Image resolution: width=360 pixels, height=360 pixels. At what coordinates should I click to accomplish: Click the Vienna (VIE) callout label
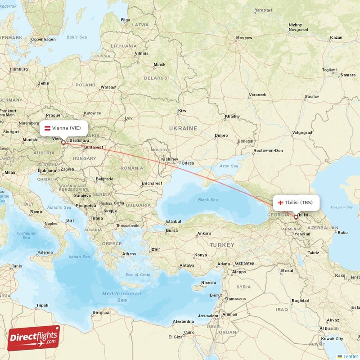click(x=63, y=128)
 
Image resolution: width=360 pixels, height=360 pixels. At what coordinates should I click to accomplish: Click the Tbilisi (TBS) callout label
click(x=295, y=202)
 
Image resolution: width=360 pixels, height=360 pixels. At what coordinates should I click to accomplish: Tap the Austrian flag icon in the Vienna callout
click(x=47, y=128)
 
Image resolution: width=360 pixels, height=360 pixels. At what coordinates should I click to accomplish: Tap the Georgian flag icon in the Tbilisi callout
click(x=280, y=202)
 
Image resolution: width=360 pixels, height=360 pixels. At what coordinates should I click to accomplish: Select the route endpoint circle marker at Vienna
click(x=63, y=143)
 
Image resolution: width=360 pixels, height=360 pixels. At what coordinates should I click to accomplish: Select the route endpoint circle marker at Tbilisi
click(x=296, y=217)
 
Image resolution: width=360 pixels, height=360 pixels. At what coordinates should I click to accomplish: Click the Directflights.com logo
click(x=34, y=338)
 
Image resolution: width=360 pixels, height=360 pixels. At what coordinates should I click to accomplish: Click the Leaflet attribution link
click(x=351, y=356)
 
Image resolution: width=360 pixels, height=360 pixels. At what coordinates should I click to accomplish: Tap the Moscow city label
click(x=244, y=38)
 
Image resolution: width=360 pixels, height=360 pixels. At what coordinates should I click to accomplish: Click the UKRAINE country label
click(x=183, y=129)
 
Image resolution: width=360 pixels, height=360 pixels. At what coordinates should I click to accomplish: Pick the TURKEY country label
click(x=221, y=245)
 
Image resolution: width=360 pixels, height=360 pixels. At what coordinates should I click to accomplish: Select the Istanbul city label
click(x=173, y=221)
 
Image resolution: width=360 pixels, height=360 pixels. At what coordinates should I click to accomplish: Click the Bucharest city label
click(x=151, y=184)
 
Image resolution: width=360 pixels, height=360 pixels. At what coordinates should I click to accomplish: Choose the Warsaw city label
click(x=108, y=87)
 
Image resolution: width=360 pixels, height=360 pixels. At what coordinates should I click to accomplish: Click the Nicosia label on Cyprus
click(x=208, y=283)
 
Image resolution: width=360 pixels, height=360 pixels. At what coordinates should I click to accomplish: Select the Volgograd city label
click(x=302, y=133)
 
